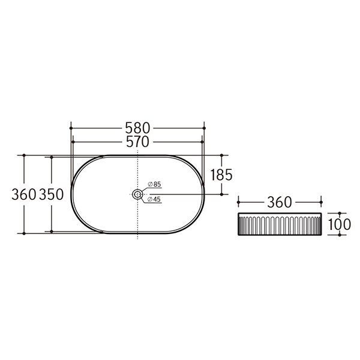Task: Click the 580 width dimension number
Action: [x=138, y=128]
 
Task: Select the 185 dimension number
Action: [x=221, y=175]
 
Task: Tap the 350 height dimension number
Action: [x=52, y=194]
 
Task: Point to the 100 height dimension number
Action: [x=340, y=225]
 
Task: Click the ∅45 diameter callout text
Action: [x=155, y=200]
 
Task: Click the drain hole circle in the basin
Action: [x=138, y=194]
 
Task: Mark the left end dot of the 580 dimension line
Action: [x=71, y=128]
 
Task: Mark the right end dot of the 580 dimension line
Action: [x=205, y=128]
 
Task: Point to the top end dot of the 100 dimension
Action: [x=340, y=213]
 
